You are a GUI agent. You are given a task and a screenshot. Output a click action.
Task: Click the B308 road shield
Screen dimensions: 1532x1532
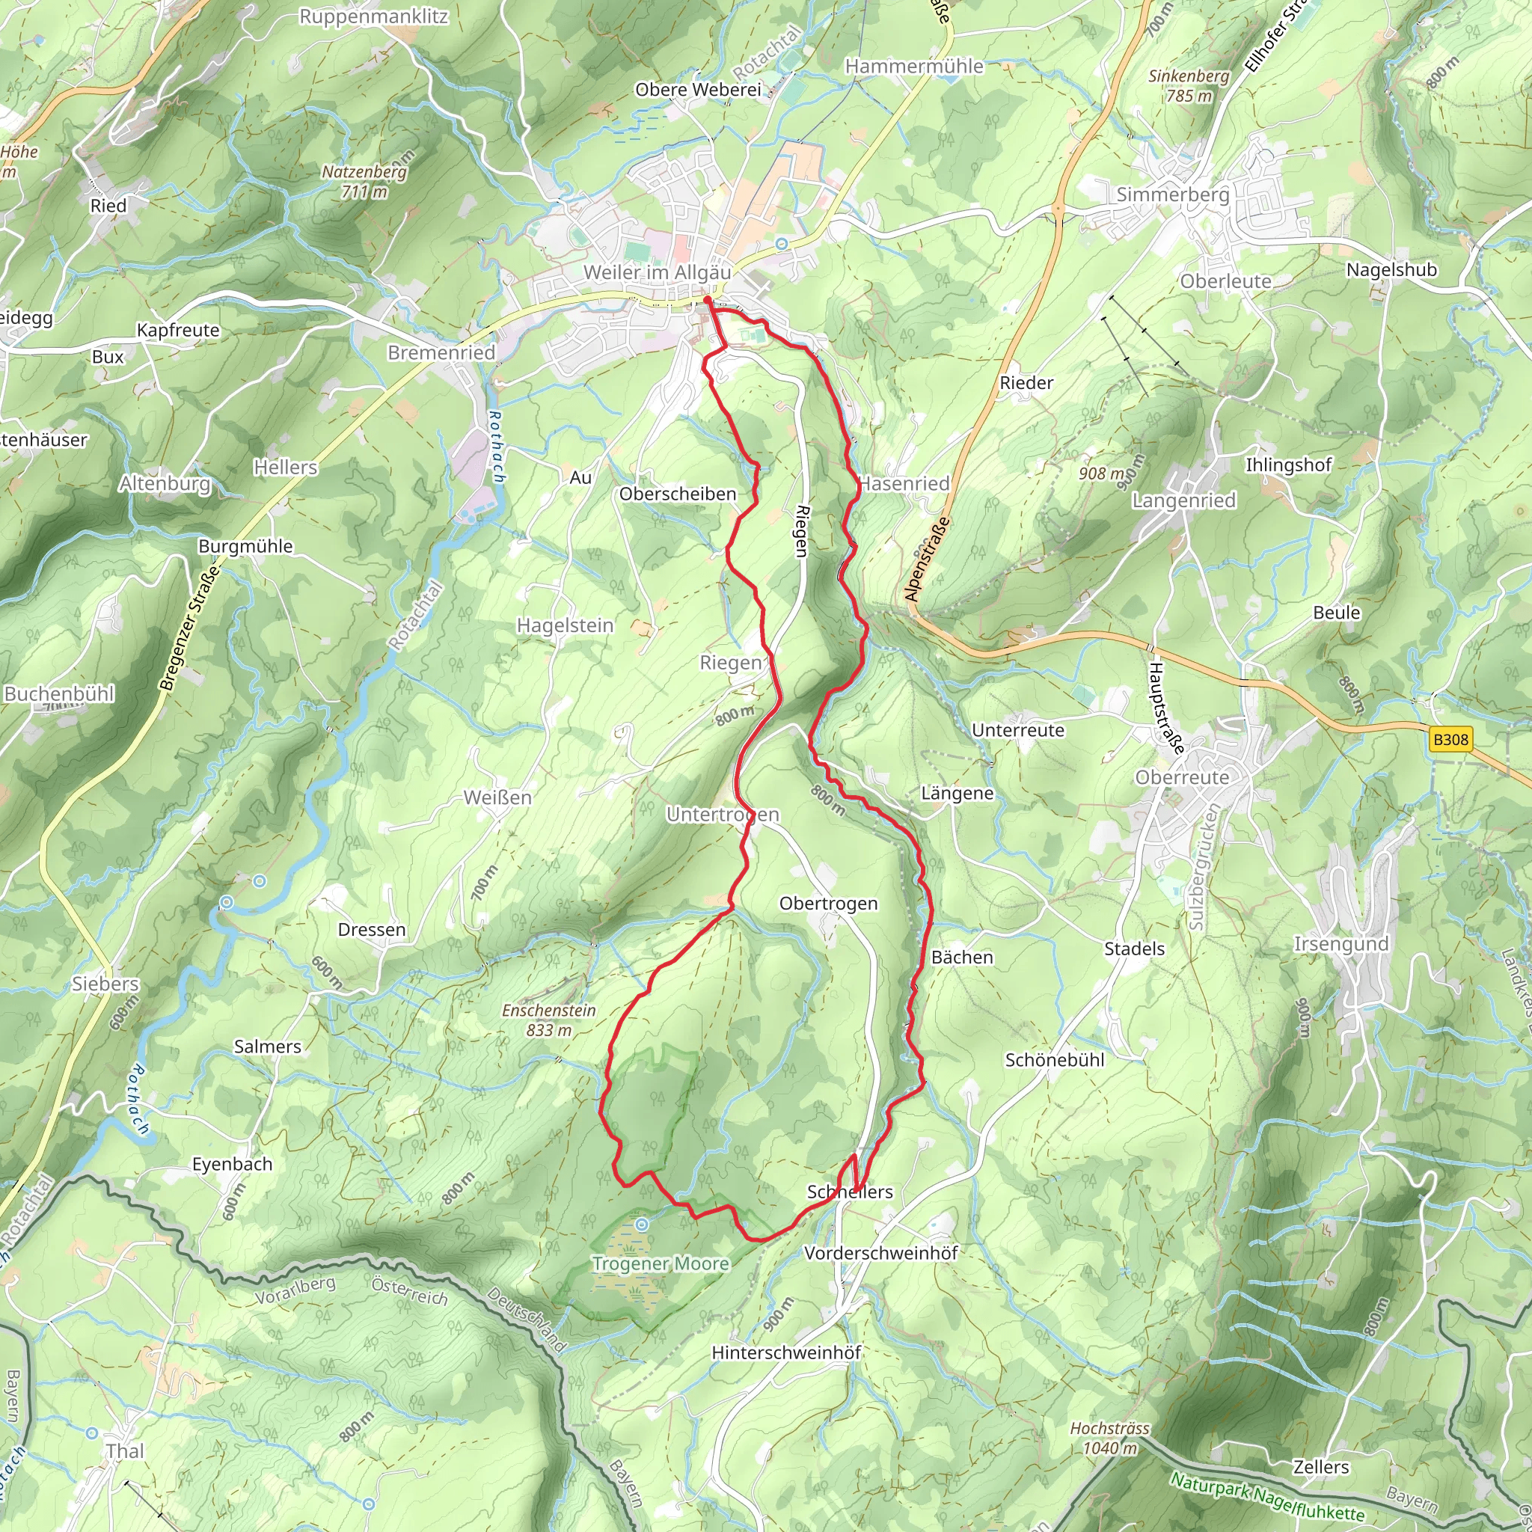pyautogui.click(x=1450, y=740)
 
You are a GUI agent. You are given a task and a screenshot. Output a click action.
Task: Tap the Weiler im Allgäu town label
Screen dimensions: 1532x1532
pyautogui.click(x=657, y=273)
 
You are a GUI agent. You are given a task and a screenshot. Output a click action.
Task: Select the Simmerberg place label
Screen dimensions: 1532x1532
pyautogui.click(x=1172, y=194)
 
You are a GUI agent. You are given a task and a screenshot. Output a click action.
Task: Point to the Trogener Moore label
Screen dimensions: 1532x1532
pyautogui.click(x=661, y=1263)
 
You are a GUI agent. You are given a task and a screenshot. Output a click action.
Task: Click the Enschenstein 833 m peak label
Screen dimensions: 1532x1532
pyautogui.click(x=549, y=1020)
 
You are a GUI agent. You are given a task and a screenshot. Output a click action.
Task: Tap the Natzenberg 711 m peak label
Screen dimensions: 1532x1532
pyautogui.click(x=364, y=181)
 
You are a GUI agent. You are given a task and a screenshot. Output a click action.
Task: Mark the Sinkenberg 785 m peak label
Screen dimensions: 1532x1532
pyautogui.click(x=1189, y=85)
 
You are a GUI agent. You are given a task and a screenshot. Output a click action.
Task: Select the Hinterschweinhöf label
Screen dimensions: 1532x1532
pyautogui.click(x=786, y=1352)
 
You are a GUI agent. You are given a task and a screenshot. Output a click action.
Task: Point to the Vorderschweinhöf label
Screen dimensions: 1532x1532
pyautogui.click(x=880, y=1253)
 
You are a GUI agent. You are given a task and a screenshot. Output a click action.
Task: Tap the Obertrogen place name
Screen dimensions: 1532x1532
pyautogui.click(x=828, y=903)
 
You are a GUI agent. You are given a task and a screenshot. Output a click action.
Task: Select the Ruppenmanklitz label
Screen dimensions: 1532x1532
pyautogui.click(x=373, y=16)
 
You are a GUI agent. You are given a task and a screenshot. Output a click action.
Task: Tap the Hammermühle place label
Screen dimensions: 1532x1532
pyautogui.click(x=913, y=67)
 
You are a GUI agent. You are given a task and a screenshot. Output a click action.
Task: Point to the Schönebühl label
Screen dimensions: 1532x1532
pyautogui.click(x=1054, y=1059)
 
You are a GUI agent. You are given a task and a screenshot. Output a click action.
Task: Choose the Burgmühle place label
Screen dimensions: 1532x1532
pyautogui.click(x=245, y=545)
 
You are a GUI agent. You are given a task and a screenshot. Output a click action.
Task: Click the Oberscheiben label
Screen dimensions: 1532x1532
pyautogui.click(x=677, y=493)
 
